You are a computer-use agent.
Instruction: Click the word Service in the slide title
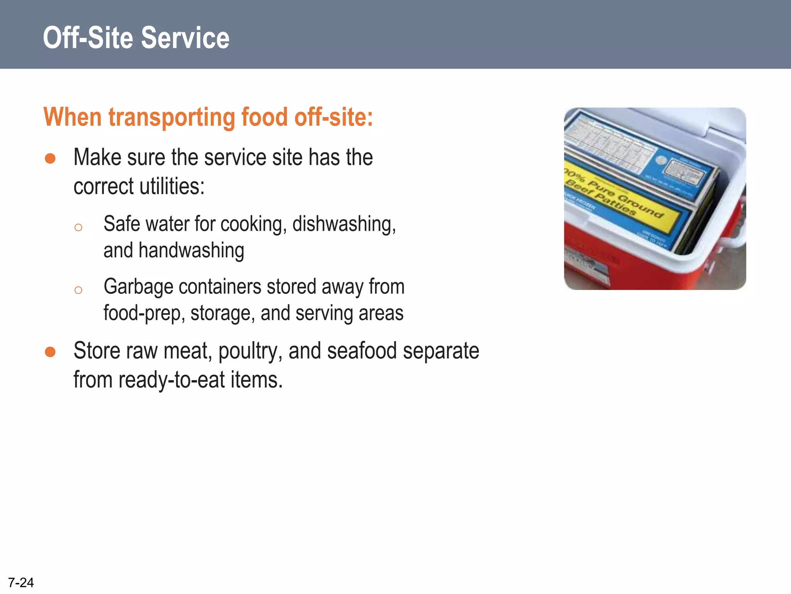pos(185,38)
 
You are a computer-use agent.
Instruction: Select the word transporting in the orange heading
pos(171,117)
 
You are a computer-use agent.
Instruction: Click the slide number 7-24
pos(21,582)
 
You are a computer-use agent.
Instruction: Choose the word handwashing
pos(191,251)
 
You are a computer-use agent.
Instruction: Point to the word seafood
pos(362,351)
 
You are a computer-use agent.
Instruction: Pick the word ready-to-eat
pos(171,380)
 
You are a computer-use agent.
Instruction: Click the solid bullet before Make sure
pos(50,159)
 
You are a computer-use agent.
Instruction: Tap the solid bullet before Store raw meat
pos(50,352)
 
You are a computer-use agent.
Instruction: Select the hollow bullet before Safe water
pos(78,227)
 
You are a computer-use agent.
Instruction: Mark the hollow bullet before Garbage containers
pos(78,290)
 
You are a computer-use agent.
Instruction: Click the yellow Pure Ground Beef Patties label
pos(618,197)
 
